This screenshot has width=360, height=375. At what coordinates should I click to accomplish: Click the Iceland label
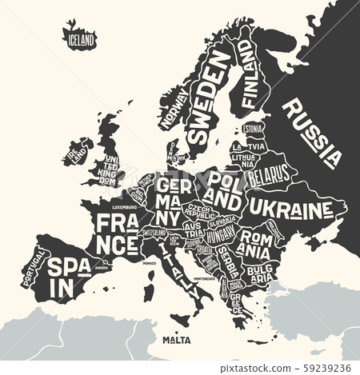pos(80,38)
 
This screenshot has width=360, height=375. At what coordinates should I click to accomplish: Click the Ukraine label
pos(289,209)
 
